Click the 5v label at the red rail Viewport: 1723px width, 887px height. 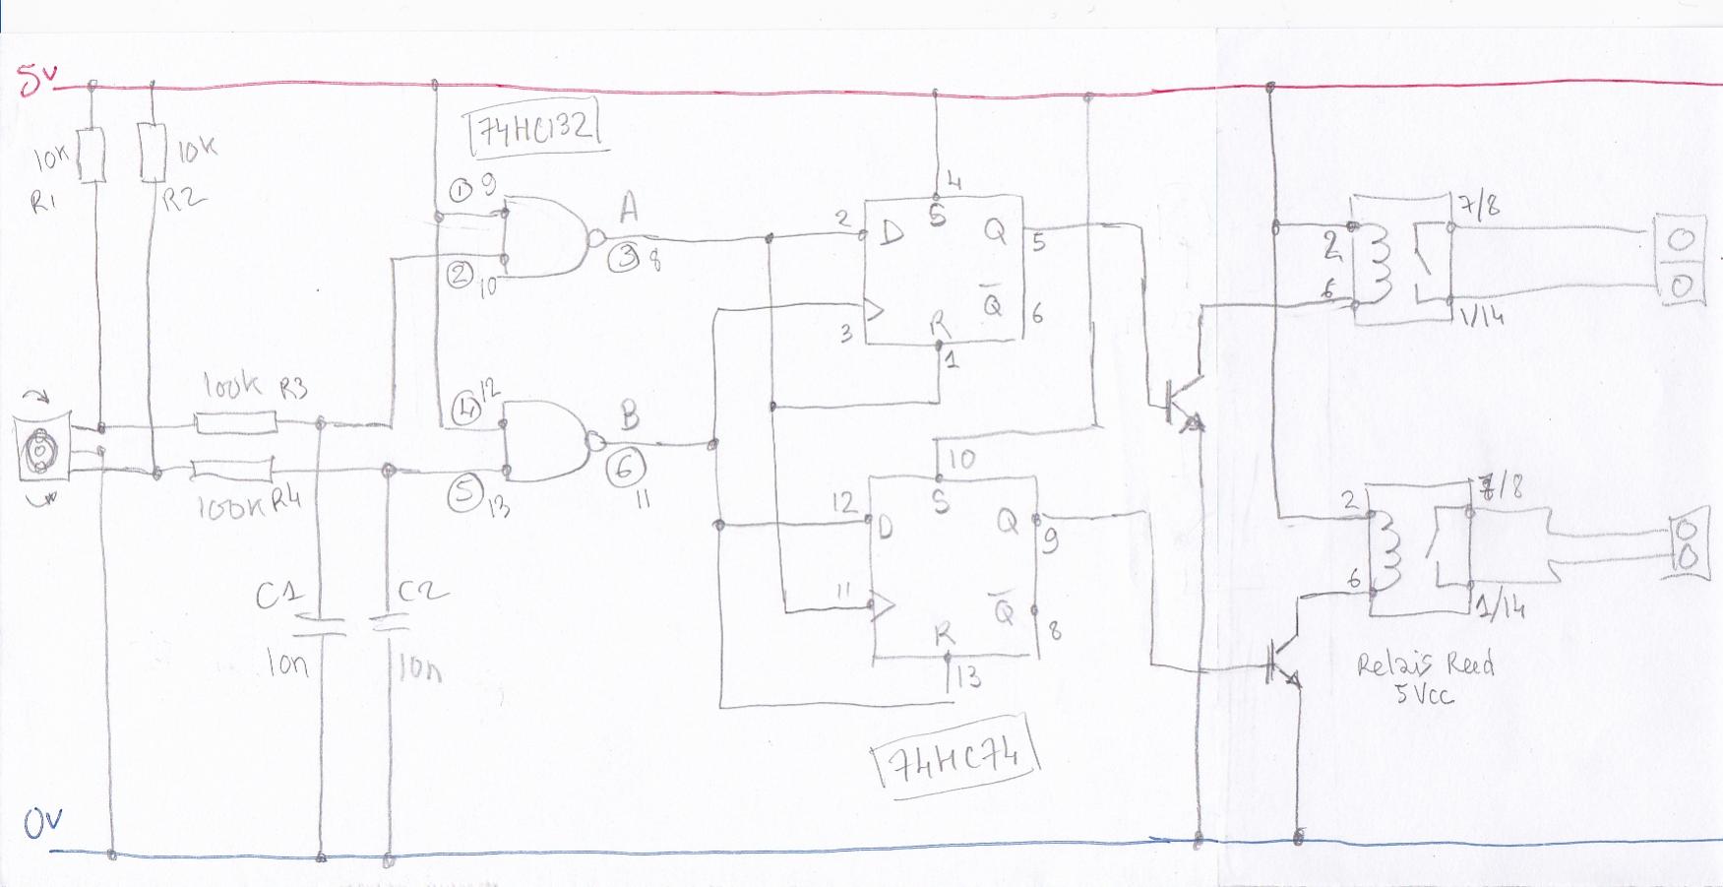[x=37, y=80]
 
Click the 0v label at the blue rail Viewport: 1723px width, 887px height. [x=43, y=822]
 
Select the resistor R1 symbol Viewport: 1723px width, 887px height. [x=92, y=155]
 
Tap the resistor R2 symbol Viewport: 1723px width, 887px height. [x=153, y=153]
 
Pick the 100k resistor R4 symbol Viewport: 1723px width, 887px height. [x=232, y=470]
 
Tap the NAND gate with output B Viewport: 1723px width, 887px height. [x=544, y=441]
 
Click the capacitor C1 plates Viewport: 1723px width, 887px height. [x=321, y=626]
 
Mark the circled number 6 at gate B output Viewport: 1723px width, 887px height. [x=626, y=468]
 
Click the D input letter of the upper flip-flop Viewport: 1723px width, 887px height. [x=892, y=233]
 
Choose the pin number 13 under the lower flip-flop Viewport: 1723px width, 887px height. [x=967, y=676]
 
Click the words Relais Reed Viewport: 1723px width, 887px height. [x=1425, y=665]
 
